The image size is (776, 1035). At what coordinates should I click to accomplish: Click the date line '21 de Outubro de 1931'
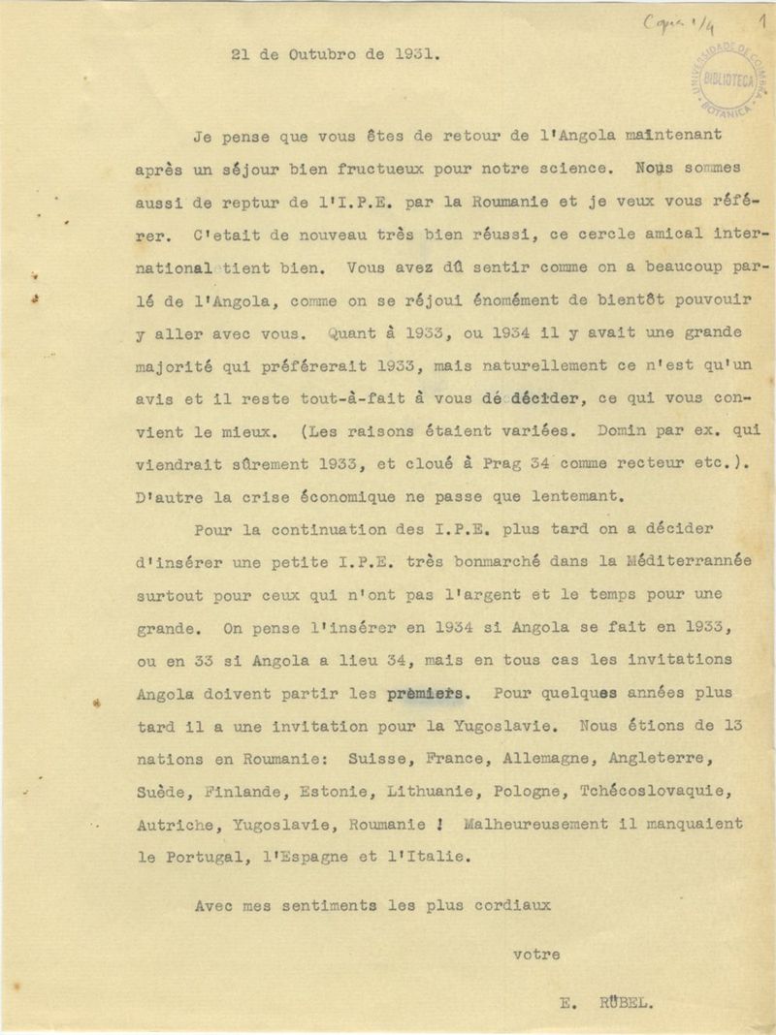335,55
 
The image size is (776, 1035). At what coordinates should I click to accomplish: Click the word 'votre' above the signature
536,954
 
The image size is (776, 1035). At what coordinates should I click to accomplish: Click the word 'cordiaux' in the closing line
513,906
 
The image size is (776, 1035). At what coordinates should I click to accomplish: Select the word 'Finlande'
244,792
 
